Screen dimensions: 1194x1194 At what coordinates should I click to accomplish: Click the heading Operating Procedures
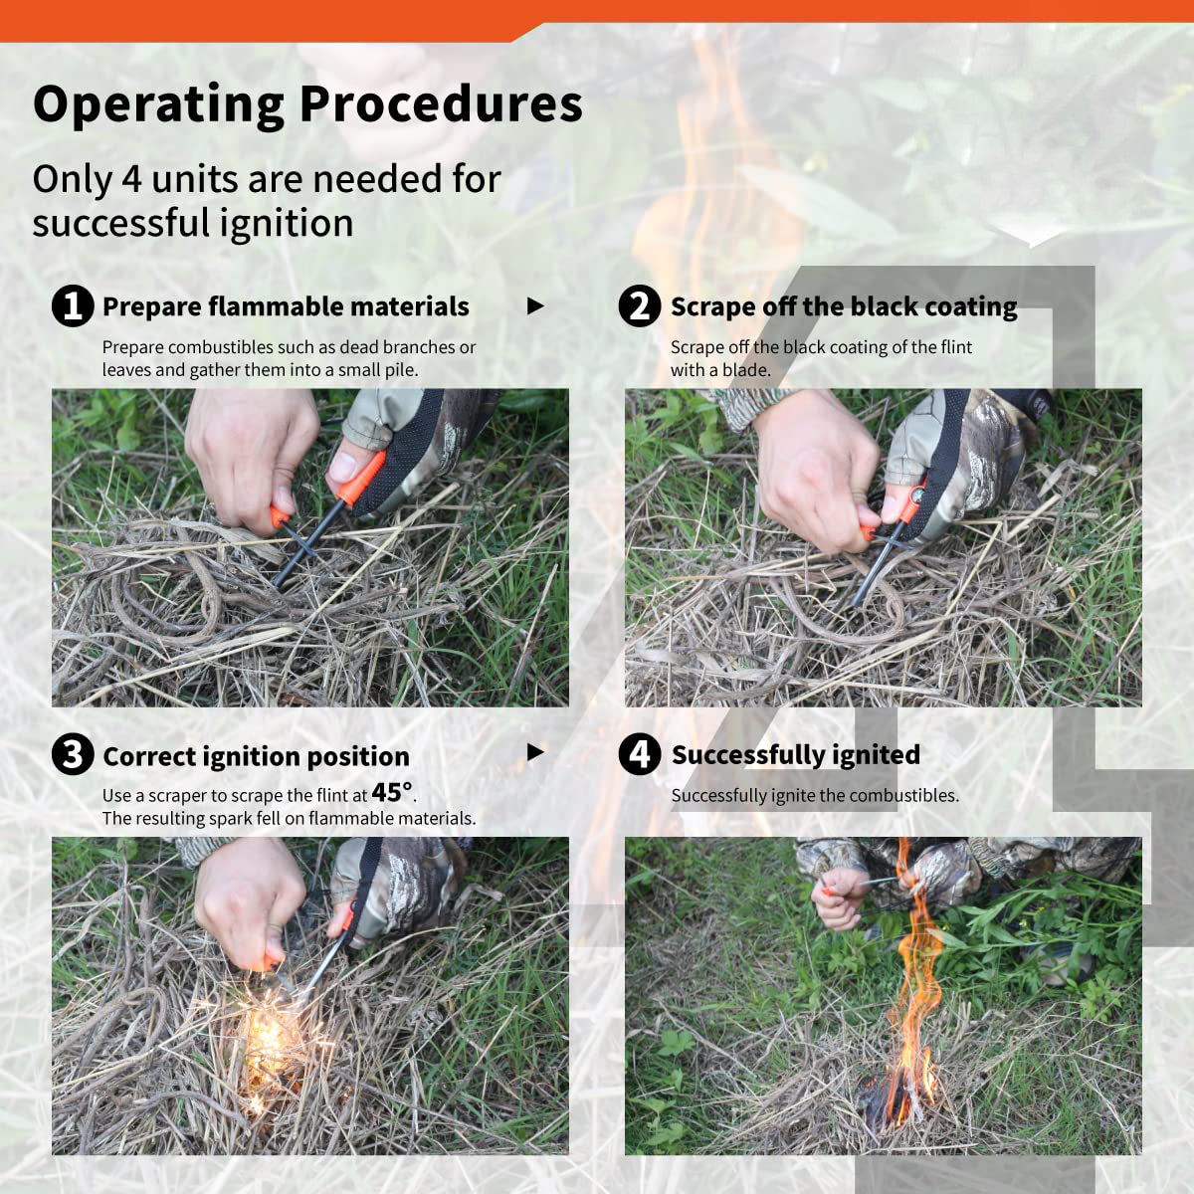pyautogui.click(x=307, y=105)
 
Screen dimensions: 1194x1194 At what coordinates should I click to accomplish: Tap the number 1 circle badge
pyautogui.click(x=73, y=306)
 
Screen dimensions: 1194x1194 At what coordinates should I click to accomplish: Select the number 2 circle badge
pyautogui.click(x=640, y=306)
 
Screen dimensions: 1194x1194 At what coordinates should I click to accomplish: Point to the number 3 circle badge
pyautogui.click(x=73, y=755)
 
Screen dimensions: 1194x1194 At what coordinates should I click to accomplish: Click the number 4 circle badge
pyautogui.click(x=640, y=754)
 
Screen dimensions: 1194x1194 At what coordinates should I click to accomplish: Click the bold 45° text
pyautogui.click(x=392, y=792)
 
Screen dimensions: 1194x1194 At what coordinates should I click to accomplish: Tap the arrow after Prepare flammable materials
pyautogui.click(x=535, y=306)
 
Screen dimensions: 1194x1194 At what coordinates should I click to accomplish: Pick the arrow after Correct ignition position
pyautogui.click(x=535, y=753)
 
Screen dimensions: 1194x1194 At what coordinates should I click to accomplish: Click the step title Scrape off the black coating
pyautogui.click(x=844, y=306)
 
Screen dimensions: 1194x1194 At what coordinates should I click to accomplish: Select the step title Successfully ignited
pyautogui.click(x=796, y=755)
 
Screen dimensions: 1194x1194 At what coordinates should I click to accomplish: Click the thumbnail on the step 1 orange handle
pyautogui.click(x=343, y=465)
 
